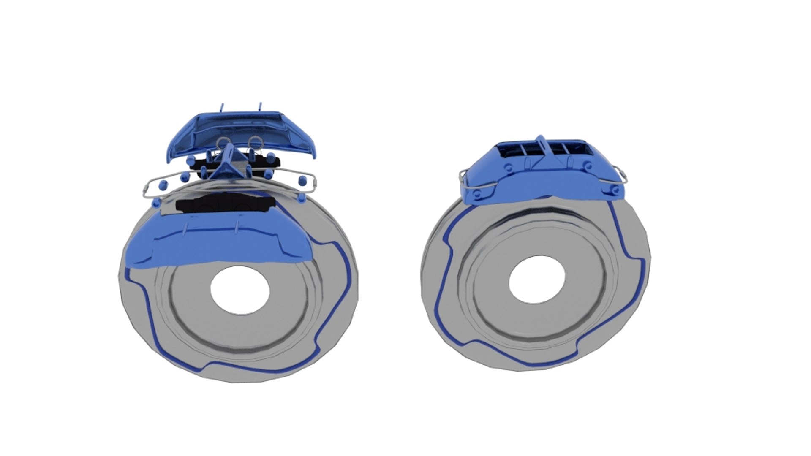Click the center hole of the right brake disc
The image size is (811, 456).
[x=537, y=280]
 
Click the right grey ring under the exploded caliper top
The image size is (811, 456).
[x=255, y=143]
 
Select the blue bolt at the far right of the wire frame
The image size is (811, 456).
[x=302, y=180]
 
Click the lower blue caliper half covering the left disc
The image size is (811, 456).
[x=220, y=245]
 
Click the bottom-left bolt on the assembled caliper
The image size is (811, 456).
[x=477, y=195]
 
